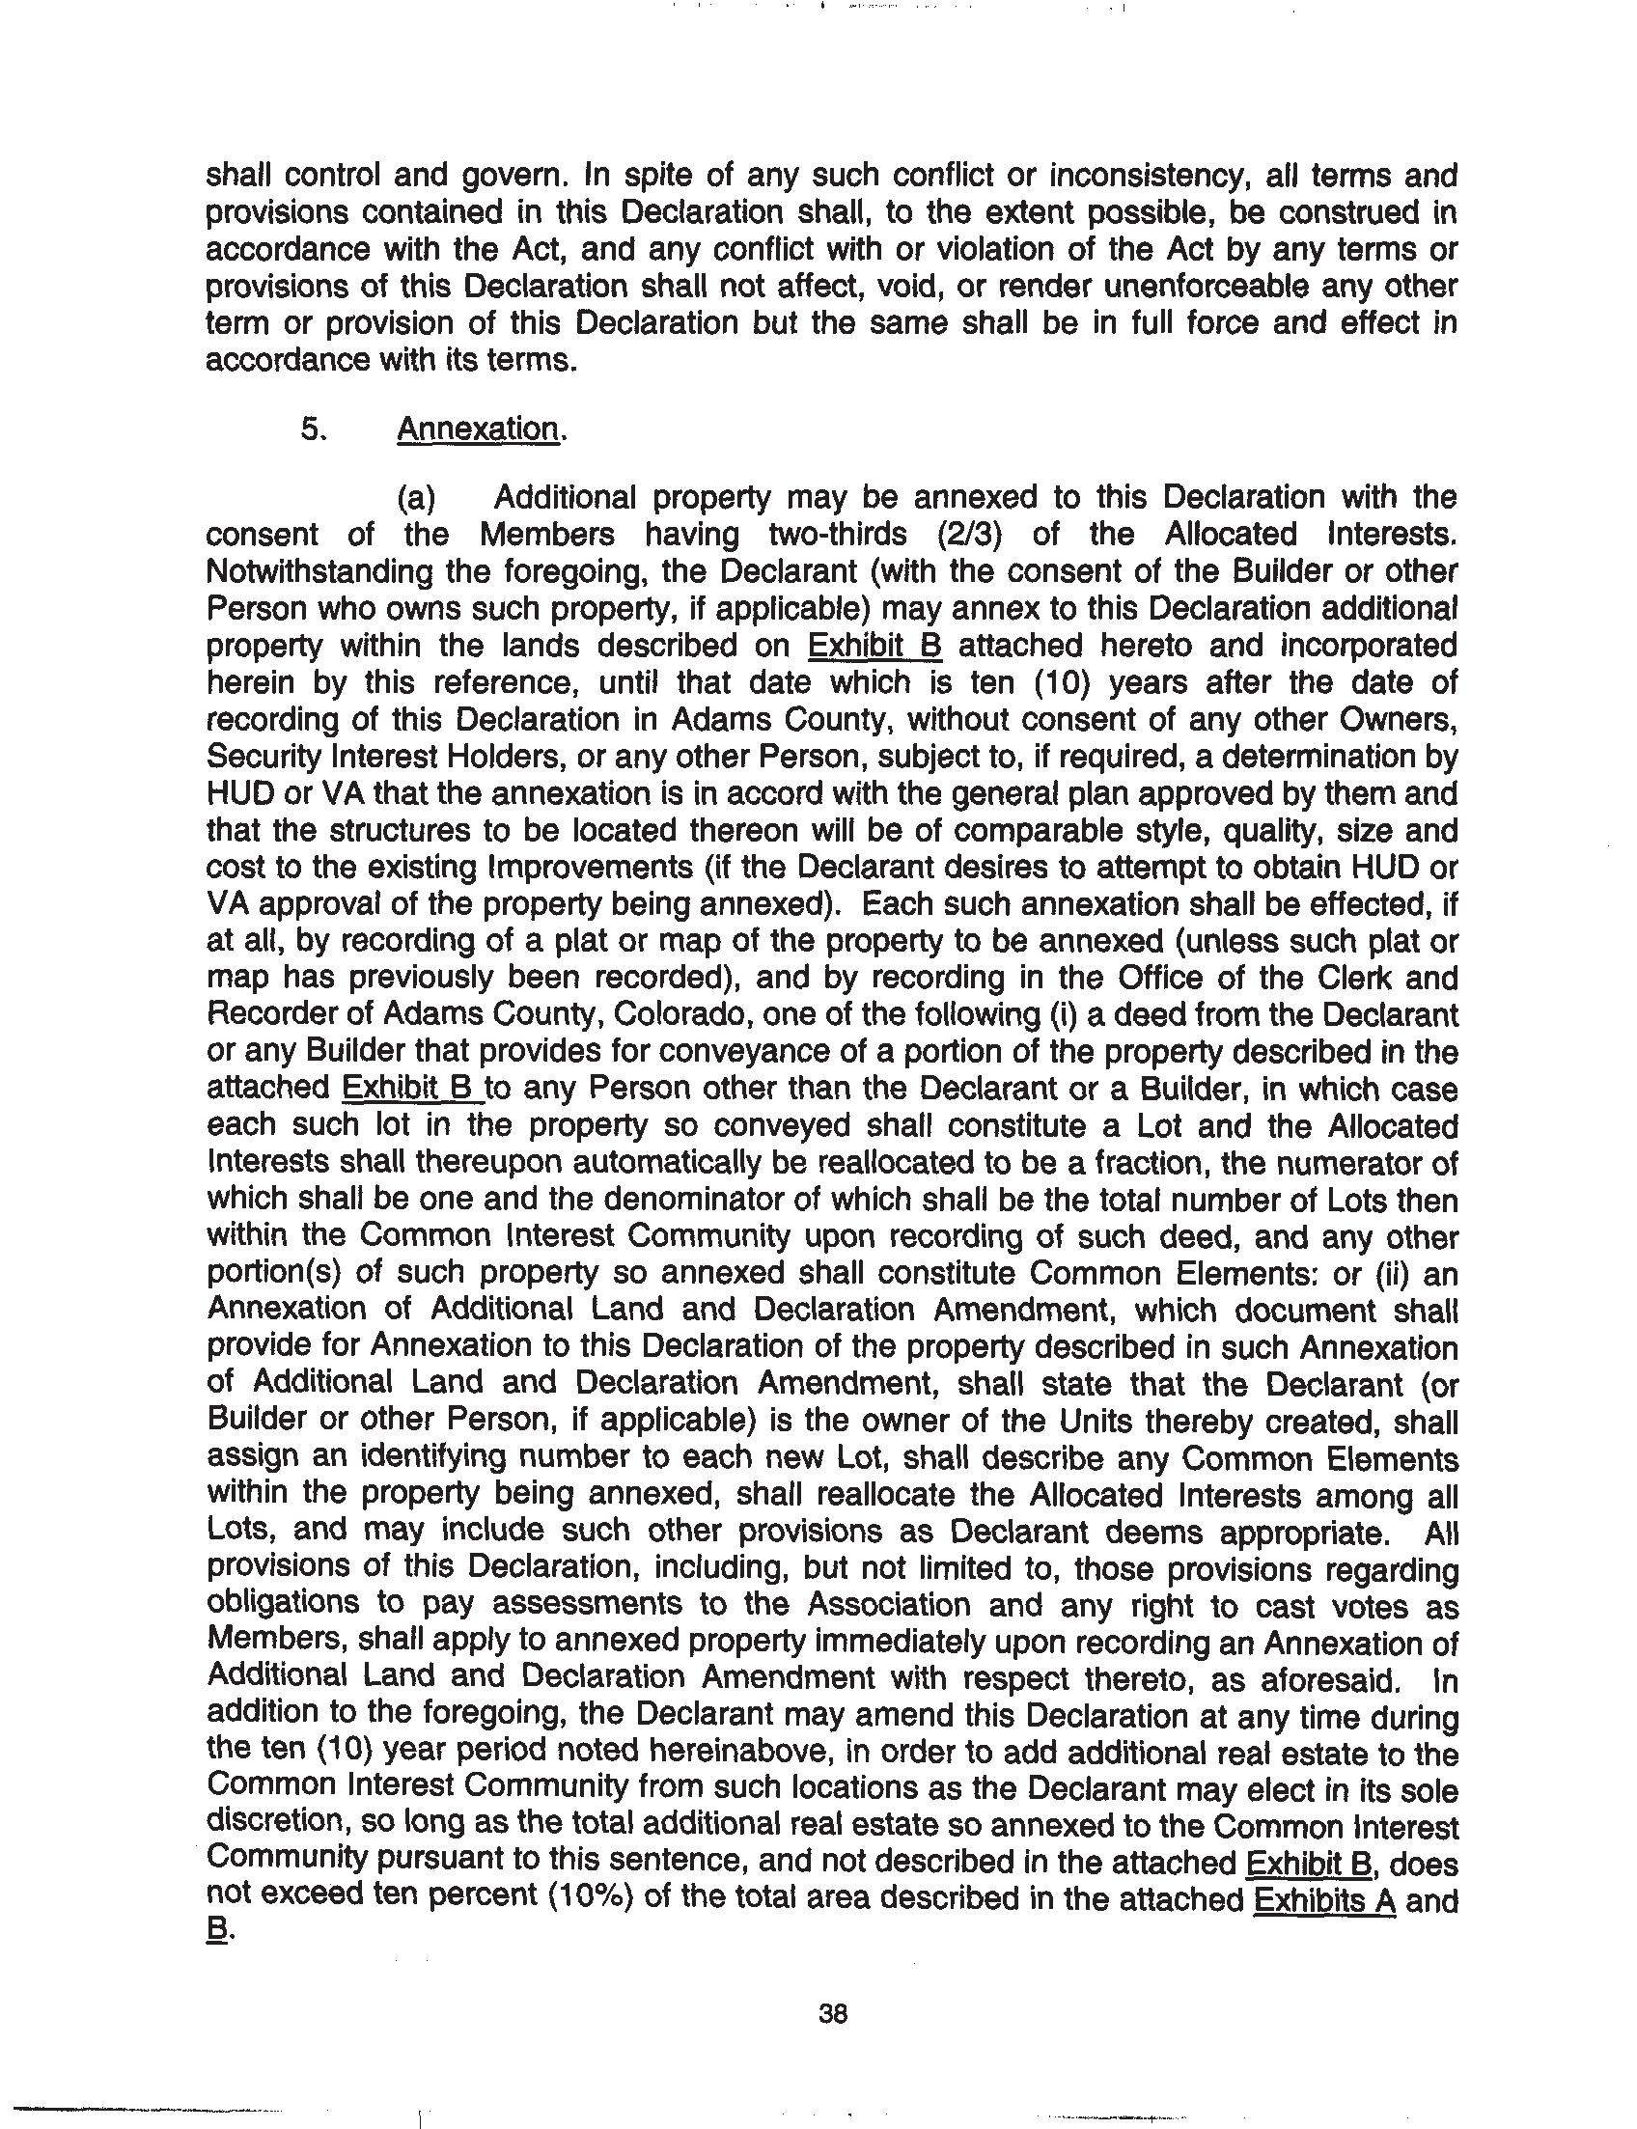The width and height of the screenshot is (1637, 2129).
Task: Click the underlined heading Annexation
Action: point(479,429)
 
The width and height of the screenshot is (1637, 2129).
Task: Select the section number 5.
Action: point(312,429)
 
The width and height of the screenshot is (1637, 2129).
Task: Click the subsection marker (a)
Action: point(417,498)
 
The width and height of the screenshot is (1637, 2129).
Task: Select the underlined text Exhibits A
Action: point(1325,1899)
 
